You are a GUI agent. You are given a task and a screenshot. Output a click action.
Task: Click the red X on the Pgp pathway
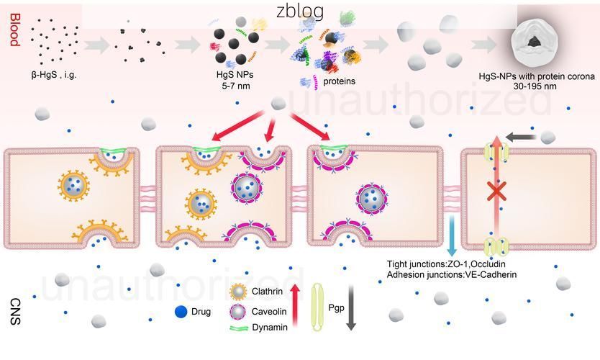pyautogui.click(x=496, y=192)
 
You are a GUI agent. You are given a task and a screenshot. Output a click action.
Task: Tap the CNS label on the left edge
pyautogui.click(x=14, y=312)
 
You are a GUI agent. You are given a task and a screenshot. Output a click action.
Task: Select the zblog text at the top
pyautogui.click(x=300, y=12)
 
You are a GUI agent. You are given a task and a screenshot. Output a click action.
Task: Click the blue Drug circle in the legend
pyautogui.click(x=181, y=312)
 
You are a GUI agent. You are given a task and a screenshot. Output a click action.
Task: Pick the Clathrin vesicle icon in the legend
pyautogui.click(x=238, y=292)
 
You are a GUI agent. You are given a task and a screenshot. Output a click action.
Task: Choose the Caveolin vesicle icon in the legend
pyautogui.click(x=238, y=312)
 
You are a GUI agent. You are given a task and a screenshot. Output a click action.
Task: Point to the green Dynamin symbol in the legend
pyautogui.click(x=238, y=328)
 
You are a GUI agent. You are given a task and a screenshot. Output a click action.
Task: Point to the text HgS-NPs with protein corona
pyautogui.click(x=537, y=77)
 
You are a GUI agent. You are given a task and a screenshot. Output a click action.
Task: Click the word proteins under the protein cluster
pyautogui.click(x=339, y=81)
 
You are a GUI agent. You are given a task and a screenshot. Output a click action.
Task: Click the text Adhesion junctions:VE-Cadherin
pyautogui.click(x=451, y=274)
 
